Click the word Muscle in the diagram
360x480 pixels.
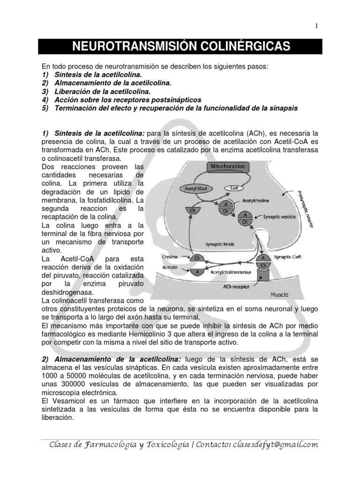[279, 295]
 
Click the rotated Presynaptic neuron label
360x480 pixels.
[305, 206]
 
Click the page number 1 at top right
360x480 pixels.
[317, 27]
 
